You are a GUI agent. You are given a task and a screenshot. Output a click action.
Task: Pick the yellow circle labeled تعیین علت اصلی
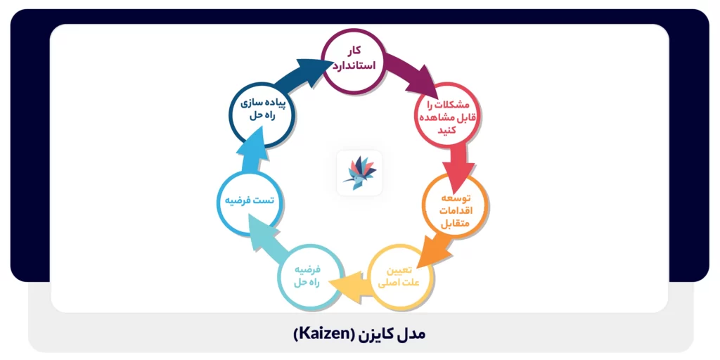pos(400,276)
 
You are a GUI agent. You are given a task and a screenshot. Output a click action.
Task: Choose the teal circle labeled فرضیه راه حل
pos(311,276)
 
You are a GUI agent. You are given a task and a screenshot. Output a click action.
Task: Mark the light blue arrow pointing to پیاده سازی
pos(250,155)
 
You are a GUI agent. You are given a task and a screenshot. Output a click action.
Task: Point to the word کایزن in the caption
pos(378,334)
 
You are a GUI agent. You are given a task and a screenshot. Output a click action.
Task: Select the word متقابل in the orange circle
pos(455,224)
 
